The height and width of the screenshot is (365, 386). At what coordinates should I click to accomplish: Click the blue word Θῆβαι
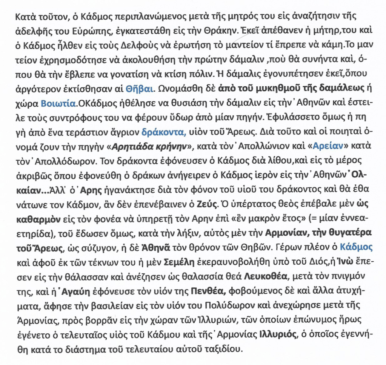tap(141, 89)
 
